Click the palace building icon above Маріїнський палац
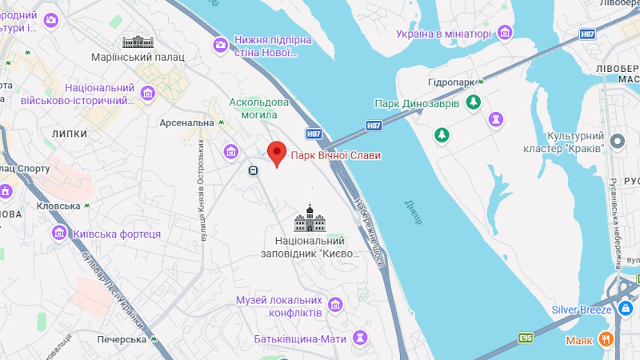[x=137, y=41]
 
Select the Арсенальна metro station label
[x=186, y=122]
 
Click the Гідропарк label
[x=453, y=83]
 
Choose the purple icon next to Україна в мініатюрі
[x=506, y=33]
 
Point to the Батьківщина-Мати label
[x=300, y=338]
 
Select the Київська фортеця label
[x=117, y=234]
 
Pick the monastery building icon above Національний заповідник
[x=310, y=218]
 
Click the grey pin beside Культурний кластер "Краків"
[x=617, y=142]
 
